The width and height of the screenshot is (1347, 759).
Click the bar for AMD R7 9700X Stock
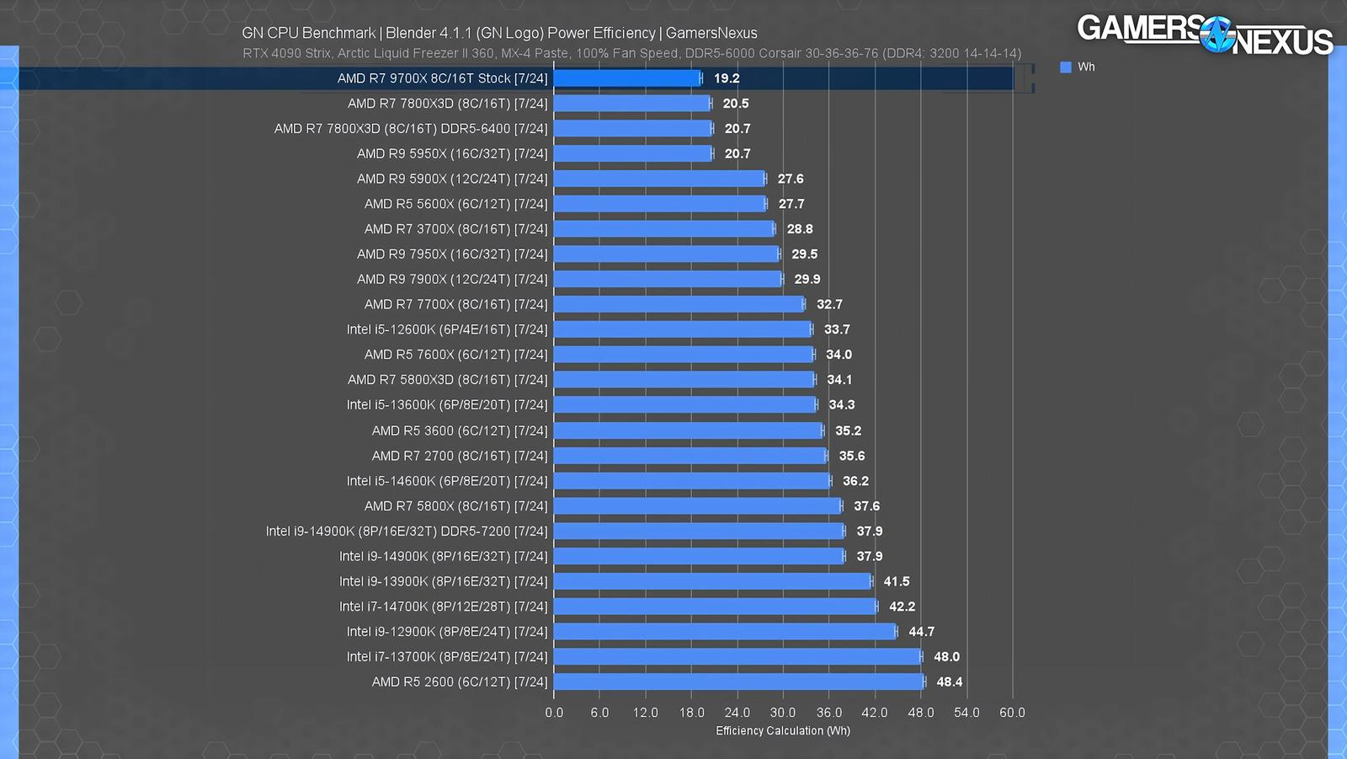627,78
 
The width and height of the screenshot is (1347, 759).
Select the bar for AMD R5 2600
738,681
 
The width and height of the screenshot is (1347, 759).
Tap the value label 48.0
946,656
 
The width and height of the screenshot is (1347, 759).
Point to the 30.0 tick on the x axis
783,713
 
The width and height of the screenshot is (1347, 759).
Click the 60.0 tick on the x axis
1012,713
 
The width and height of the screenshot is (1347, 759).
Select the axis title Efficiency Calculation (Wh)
783,730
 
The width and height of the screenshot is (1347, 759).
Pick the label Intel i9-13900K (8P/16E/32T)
443,581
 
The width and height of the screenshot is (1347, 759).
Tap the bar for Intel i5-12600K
683,329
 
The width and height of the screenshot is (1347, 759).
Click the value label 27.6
791,179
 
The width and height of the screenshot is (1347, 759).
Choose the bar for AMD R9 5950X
633,153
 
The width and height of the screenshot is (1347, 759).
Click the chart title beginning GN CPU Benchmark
499,33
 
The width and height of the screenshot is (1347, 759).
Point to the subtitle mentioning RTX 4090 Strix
631,53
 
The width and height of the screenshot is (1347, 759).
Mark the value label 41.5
896,581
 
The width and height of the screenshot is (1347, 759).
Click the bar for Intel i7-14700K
715,607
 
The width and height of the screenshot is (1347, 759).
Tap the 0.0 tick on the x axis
554,713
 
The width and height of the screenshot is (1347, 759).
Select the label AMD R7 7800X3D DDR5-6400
411,129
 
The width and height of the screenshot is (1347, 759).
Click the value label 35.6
851,456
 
